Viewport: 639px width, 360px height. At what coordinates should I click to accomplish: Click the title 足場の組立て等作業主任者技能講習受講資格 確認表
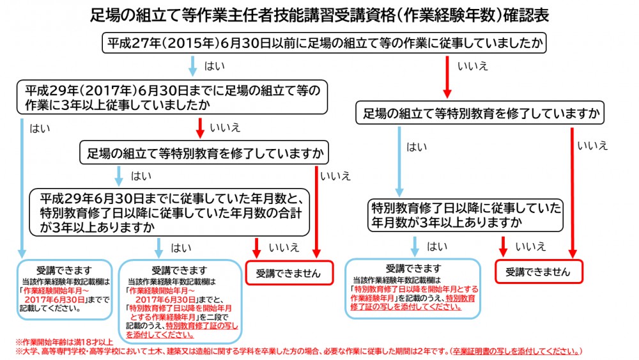[319, 15]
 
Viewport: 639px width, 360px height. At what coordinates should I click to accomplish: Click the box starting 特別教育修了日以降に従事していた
[465, 215]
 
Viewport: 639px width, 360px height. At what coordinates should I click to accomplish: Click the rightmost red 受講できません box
[538, 271]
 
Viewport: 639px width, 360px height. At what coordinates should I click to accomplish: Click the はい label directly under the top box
[214, 66]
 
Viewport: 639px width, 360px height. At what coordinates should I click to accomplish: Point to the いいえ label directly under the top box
[473, 66]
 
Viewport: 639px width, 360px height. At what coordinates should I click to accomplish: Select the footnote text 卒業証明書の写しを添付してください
[516, 351]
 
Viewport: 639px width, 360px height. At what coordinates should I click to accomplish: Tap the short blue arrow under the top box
[193, 67]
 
